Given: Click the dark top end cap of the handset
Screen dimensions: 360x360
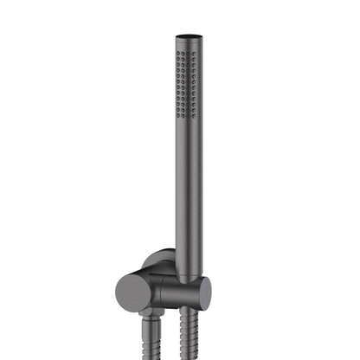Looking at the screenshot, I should [190, 37].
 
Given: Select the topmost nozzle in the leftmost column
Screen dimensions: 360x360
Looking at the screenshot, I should [178, 54].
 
